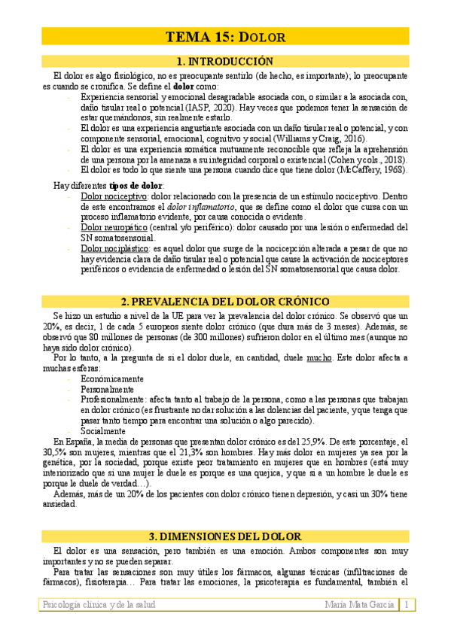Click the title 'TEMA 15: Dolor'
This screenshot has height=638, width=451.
pos(225,37)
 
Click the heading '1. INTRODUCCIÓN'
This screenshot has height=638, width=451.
pos(225,61)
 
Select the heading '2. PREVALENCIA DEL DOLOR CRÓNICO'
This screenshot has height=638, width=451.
pos(225,301)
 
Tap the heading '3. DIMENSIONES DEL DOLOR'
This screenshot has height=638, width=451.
pos(225,536)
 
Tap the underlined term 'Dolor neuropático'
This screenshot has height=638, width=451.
pos(114,226)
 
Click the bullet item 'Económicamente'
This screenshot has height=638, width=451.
pos(112,379)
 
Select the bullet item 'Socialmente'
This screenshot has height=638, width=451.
pos(103,431)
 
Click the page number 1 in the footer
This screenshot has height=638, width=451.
pos(406,604)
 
